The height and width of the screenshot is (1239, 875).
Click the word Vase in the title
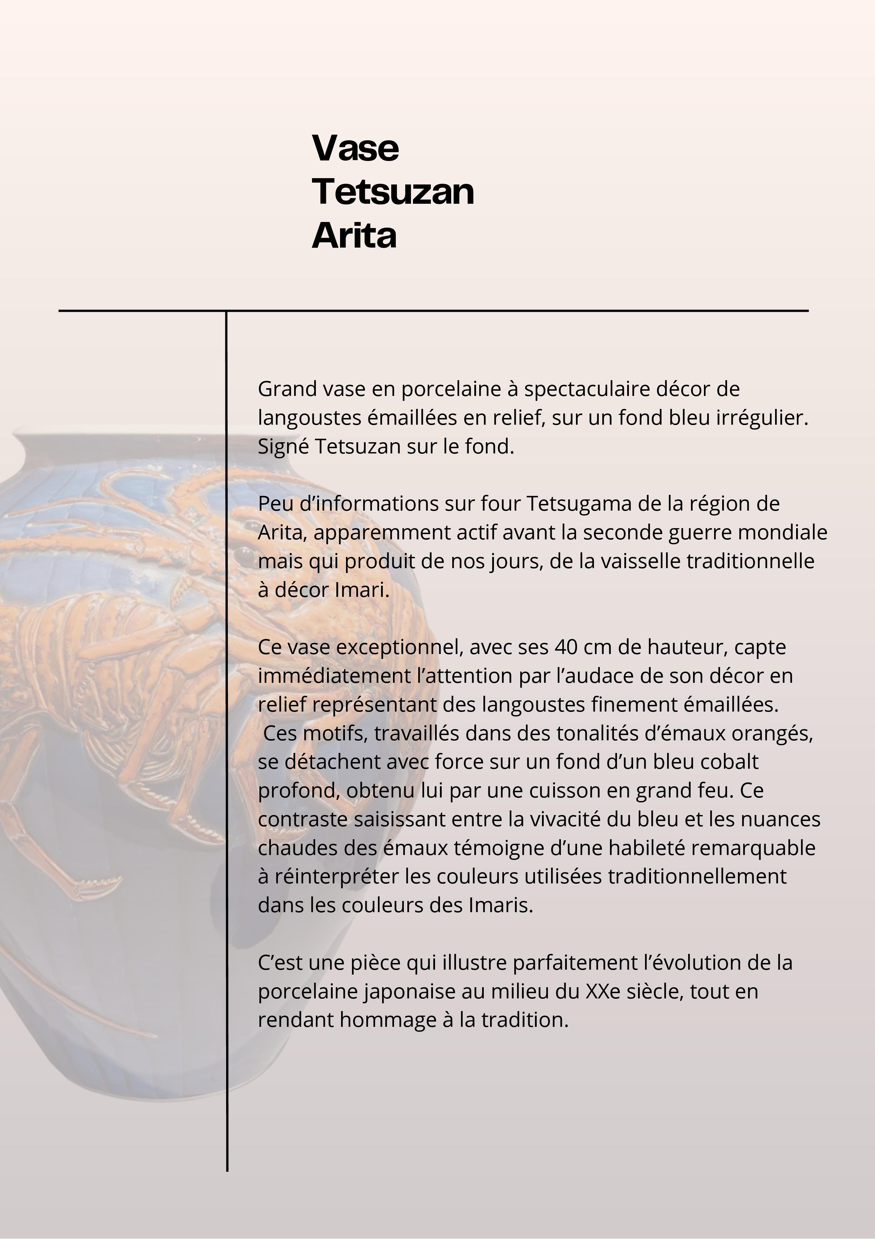pyautogui.click(x=355, y=148)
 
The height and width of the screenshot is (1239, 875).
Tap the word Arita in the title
pyautogui.click(x=354, y=235)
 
